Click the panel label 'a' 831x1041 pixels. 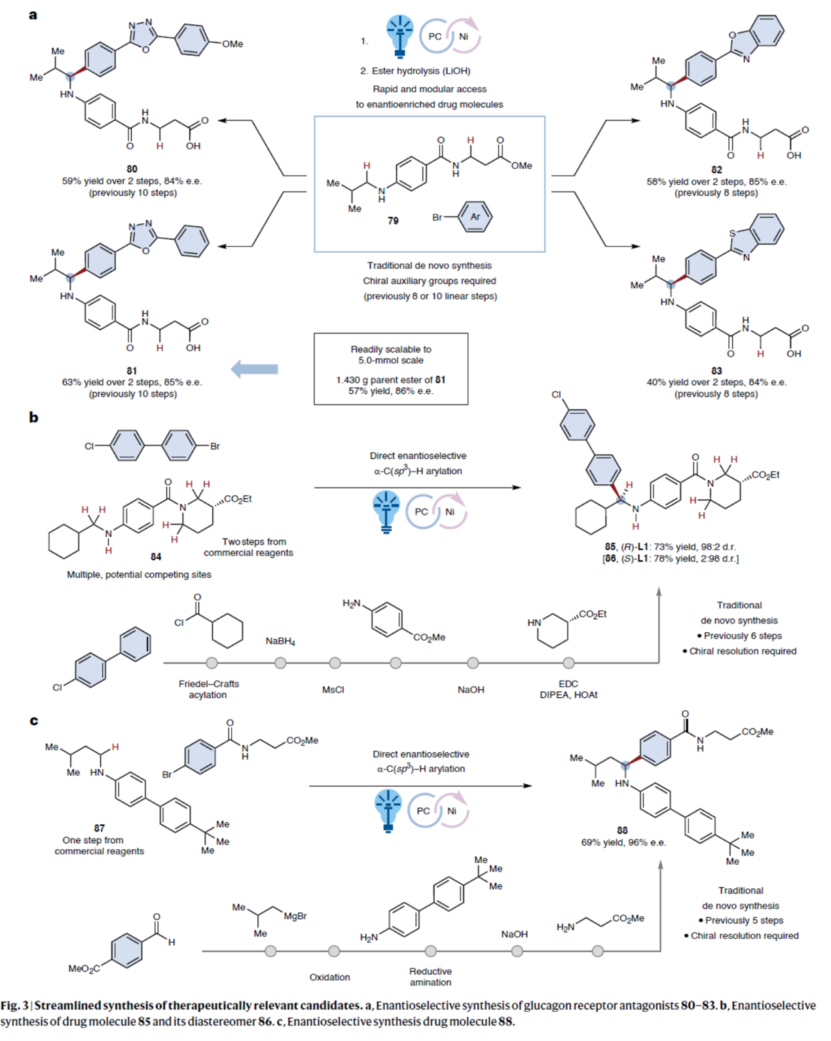pos(33,14)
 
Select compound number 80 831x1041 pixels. pos(132,169)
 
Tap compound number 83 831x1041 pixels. pos(716,371)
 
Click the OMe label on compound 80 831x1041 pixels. pos(232,44)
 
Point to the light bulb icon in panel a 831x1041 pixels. pos(399,34)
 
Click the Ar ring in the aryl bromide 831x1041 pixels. pos(475,217)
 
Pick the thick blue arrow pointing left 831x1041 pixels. pos(255,369)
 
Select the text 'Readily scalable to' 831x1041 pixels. pos(391,349)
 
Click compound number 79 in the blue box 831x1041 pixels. pos(393,221)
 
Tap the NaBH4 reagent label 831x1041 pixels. pos(280,641)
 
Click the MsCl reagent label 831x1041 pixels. pos(333,690)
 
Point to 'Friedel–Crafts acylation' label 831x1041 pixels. pos(208,689)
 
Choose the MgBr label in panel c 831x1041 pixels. pos(295,916)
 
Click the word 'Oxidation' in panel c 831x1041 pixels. pos(329,977)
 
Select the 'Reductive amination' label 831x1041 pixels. pos(430,976)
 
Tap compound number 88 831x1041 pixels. pos(622,830)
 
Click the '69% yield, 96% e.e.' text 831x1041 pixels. pos(623,842)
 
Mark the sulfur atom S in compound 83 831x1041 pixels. pos(733,233)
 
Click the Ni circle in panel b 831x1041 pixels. pos(450,512)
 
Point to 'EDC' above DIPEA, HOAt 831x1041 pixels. pos(568,684)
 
